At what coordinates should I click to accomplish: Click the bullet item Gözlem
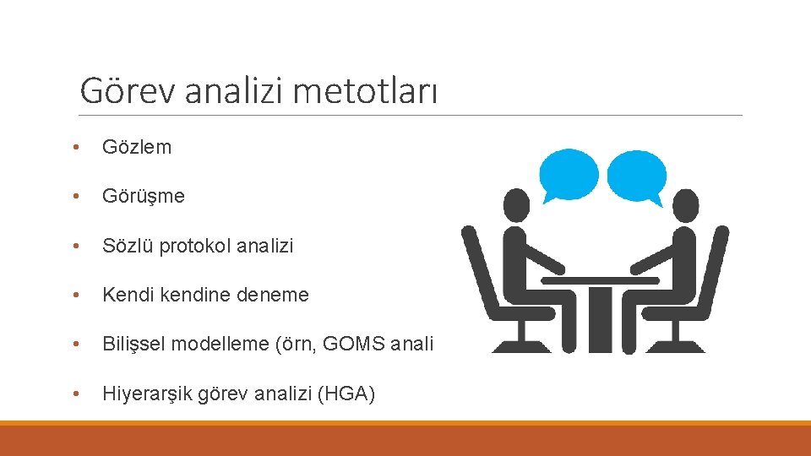[136, 147]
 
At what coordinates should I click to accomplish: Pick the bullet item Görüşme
[143, 196]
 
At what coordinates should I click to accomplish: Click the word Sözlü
[124, 246]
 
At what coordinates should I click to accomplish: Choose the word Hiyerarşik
[148, 394]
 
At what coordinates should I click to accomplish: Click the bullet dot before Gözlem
[77, 148]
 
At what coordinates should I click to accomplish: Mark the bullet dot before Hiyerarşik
[77, 394]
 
